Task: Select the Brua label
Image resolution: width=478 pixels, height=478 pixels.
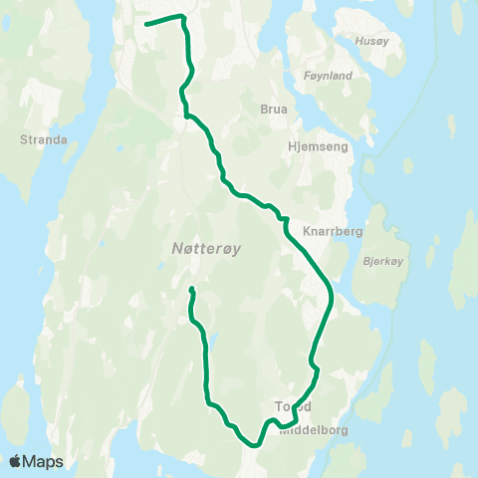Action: pyautogui.click(x=273, y=110)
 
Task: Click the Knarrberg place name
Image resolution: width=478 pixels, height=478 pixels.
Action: pyautogui.click(x=336, y=230)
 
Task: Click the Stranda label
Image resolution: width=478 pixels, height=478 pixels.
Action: pyautogui.click(x=43, y=140)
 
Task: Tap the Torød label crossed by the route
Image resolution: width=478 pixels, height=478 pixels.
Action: pyautogui.click(x=293, y=406)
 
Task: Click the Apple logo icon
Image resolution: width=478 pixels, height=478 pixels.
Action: pyautogui.click(x=16, y=461)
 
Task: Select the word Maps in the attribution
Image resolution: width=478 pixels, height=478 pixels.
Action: pyautogui.click(x=45, y=462)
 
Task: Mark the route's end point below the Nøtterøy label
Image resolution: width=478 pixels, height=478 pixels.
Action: pyautogui.click(x=191, y=290)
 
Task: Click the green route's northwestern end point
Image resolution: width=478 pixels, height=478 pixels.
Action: pyautogui.click(x=146, y=24)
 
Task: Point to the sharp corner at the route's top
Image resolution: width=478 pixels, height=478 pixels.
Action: pyautogui.click(x=182, y=16)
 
